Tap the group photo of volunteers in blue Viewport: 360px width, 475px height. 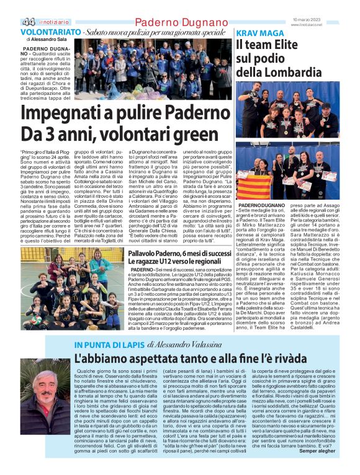point(153,69)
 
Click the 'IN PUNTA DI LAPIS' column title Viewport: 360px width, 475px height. point(109,344)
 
